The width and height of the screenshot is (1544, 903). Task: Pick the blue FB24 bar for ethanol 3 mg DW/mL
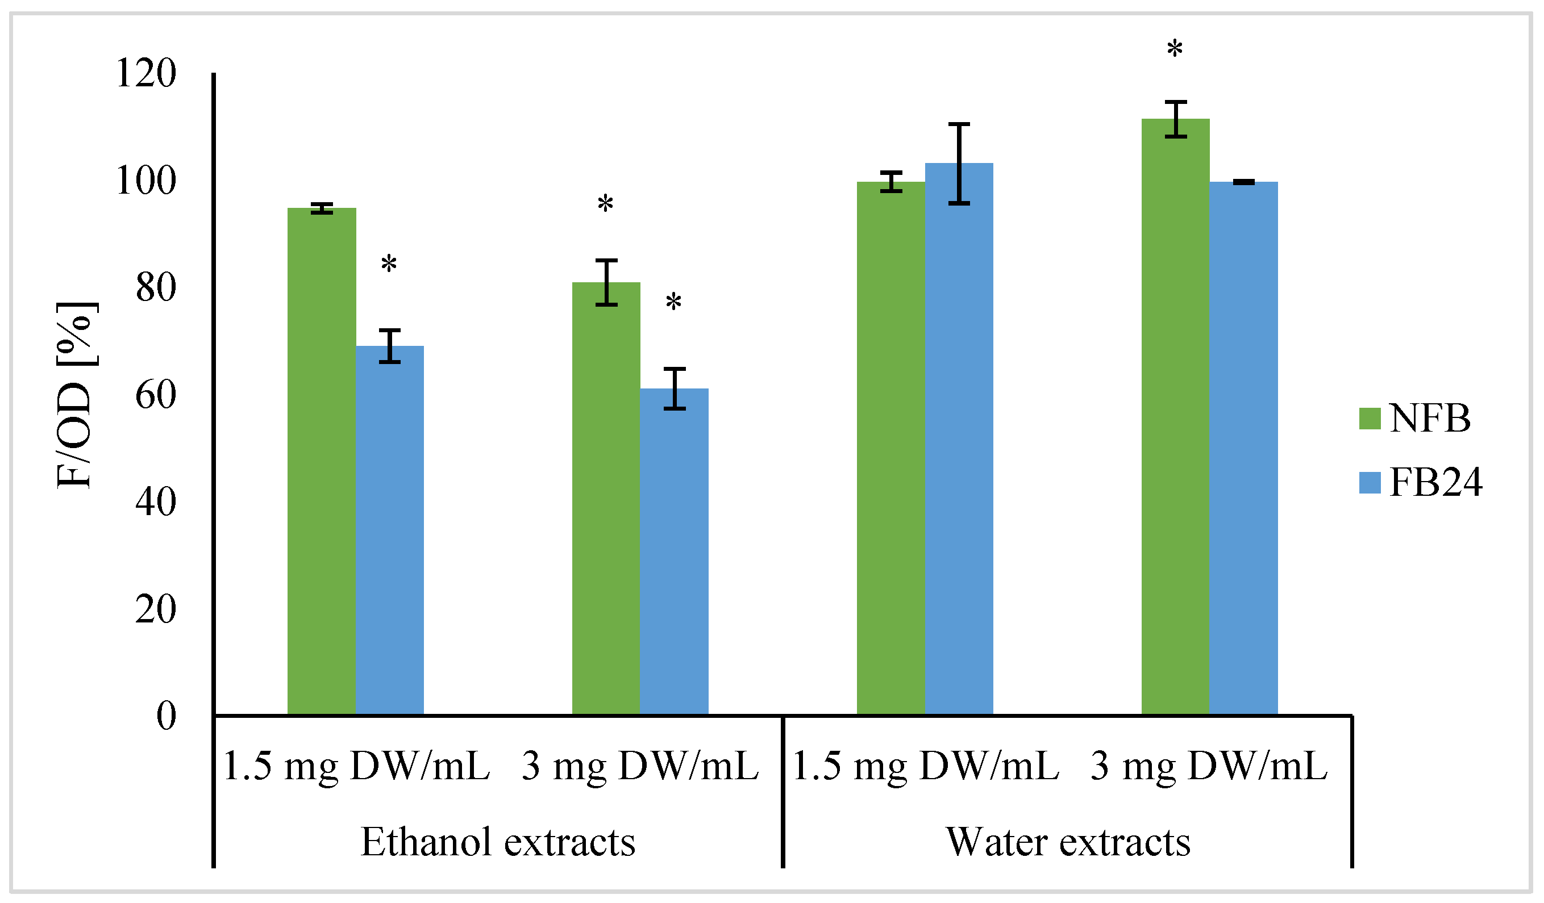coord(674,551)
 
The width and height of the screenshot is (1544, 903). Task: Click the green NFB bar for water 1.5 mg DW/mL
coord(890,447)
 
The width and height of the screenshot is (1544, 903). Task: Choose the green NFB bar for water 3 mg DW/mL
coord(1175,416)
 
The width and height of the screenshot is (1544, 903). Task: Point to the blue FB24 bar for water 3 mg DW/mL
coord(1243,447)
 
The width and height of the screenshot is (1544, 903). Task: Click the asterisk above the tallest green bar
coord(1175,49)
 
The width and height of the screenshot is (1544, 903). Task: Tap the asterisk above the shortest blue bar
coord(673,302)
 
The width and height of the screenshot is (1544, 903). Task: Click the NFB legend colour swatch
coord(1370,419)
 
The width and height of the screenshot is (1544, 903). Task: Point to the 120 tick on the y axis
coord(146,73)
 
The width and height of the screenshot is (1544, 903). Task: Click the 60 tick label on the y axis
coord(156,395)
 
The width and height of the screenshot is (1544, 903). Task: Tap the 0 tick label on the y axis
coord(166,715)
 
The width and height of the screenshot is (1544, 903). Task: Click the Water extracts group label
coord(1068,842)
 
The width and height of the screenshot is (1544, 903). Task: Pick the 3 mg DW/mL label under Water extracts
coord(1208,766)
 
